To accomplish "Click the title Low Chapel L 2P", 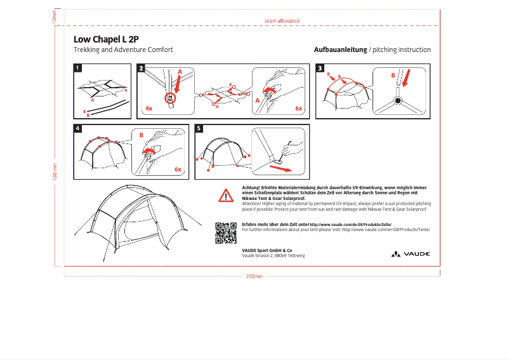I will click(106, 38).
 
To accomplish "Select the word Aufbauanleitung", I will click(340, 50).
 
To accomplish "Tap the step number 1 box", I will click(77, 68).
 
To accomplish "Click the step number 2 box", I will click(141, 68).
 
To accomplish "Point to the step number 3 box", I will click(320, 68).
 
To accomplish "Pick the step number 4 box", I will click(77, 128).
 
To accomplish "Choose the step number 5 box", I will click(199, 128).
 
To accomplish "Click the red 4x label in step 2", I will click(149, 109).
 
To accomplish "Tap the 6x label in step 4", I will click(178, 170).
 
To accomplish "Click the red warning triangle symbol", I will click(226, 195).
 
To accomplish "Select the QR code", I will click(226, 233).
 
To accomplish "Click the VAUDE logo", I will click(411, 253).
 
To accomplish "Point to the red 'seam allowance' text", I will click(282, 21).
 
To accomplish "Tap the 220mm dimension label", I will click(254, 276).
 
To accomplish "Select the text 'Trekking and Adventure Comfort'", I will click(123, 50).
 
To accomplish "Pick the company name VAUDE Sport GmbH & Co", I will click(267, 250).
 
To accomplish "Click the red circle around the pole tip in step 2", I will click(169, 98).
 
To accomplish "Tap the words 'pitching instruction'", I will click(402, 50).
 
